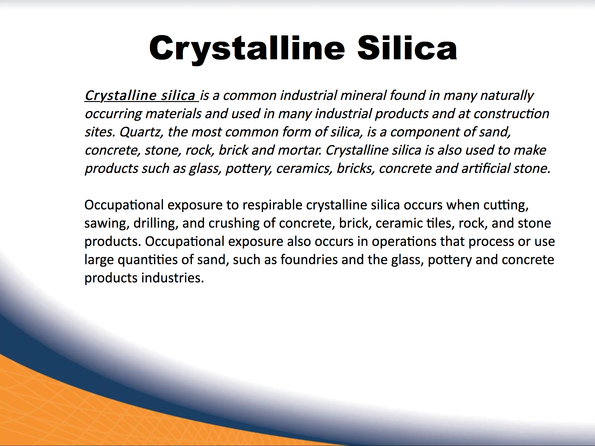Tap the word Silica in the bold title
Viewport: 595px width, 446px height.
click(x=407, y=48)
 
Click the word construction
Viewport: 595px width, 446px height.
click(x=511, y=114)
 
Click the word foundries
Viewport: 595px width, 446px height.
click(x=309, y=260)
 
